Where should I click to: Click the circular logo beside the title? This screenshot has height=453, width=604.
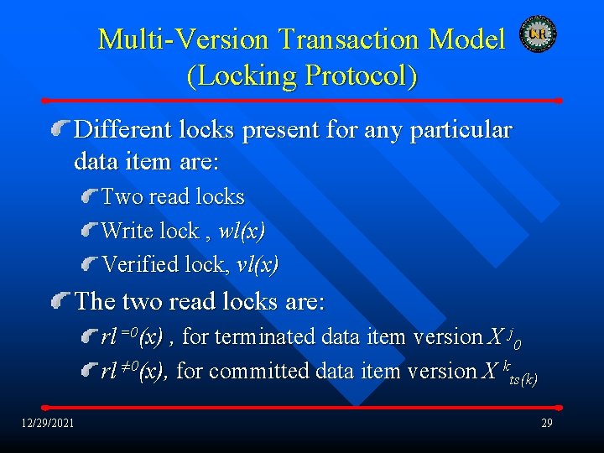537,34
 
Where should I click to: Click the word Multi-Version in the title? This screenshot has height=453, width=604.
184,39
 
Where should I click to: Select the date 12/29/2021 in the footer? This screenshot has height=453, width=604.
48,422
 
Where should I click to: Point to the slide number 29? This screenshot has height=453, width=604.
546,422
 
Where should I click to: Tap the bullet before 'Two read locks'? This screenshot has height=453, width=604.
89,197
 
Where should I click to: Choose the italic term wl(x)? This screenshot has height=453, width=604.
242,231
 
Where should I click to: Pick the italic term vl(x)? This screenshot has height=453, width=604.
258,265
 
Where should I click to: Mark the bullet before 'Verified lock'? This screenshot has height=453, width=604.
89,265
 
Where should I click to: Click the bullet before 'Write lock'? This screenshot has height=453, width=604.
89,231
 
